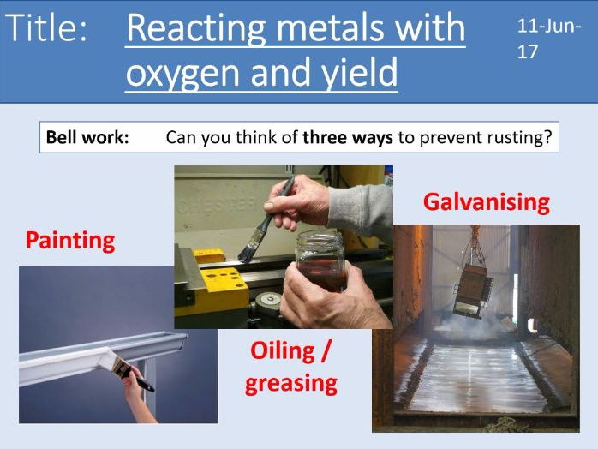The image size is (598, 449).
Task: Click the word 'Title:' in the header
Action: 46,27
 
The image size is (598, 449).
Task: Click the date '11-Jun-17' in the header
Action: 549,39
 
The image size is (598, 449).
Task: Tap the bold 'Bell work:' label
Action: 87,137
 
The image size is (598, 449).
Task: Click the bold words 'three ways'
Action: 348,137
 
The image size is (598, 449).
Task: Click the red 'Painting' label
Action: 70,241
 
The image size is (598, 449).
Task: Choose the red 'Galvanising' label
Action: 487,202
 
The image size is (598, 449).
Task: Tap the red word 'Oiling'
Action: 283,350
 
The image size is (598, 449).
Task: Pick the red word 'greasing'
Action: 291,383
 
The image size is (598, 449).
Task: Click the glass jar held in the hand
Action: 321,260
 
